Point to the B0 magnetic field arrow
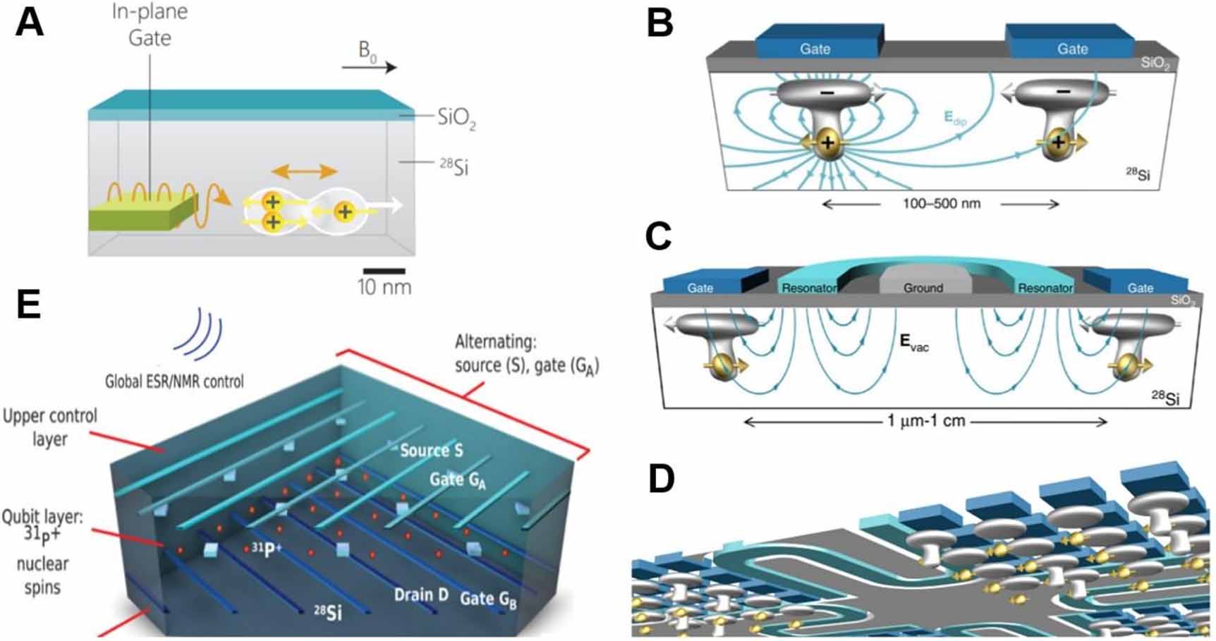click(x=370, y=67)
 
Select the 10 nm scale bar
click(x=384, y=271)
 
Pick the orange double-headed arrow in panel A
click(x=305, y=171)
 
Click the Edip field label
click(x=955, y=118)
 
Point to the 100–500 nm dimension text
click(x=942, y=204)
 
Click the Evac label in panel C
click(x=914, y=343)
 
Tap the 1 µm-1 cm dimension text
click(x=926, y=421)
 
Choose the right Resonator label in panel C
click(x=1045, y=288)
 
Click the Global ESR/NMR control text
click(x=174, y=381)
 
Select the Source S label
click(x=431, y=450)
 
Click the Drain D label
click(x=421, y=594)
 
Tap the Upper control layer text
click(x=49, y=427)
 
